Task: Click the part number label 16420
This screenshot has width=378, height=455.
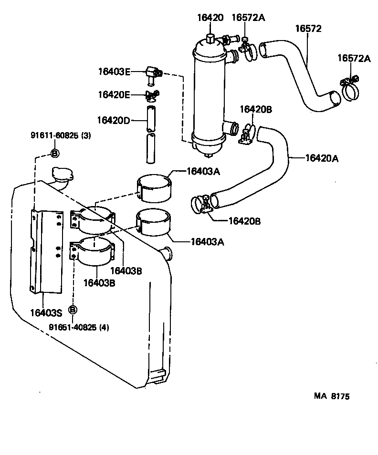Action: [x=210, y=18]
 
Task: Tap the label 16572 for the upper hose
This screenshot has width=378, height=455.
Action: [x=308, y=29]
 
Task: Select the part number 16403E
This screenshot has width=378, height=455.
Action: [x=114, y=72]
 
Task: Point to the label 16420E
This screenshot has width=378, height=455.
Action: [x=114, y=94]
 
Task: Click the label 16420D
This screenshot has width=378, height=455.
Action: [x=113, y=120]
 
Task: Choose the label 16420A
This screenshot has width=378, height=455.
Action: [x=322, y=158]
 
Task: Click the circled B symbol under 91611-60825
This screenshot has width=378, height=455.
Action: [x=54, y=153]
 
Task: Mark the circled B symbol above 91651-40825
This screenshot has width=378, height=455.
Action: [x=73, y=310]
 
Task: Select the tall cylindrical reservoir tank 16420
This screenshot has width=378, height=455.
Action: [x=209, y=95]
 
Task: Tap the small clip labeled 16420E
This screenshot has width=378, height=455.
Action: [x=152, y=95]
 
